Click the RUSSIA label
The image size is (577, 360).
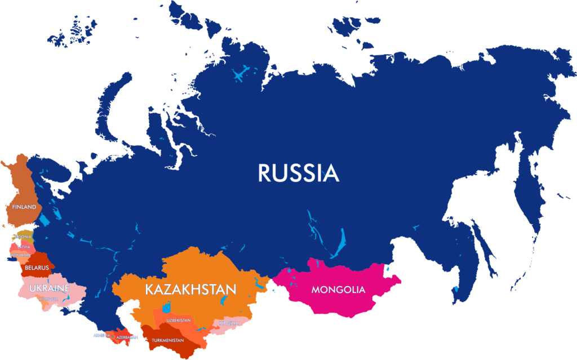299,173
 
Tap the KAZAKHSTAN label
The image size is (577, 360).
190,290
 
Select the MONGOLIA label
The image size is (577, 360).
338,290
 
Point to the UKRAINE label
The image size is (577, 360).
50,288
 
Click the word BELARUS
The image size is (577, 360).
37,268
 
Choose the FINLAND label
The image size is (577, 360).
24,207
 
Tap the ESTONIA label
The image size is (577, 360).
23,237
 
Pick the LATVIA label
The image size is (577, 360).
24,247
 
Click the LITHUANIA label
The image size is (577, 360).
20,255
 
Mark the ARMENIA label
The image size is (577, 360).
101,335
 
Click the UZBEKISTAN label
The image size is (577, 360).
179,320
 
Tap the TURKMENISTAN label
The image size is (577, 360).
167,340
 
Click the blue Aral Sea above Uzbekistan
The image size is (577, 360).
167,308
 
